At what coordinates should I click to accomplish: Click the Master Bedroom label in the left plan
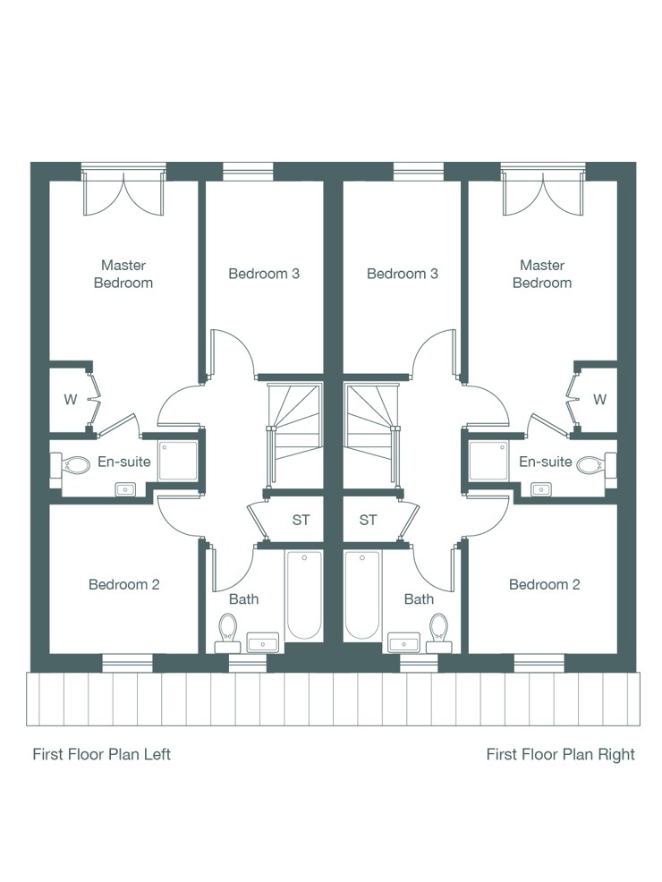tap(123, 274)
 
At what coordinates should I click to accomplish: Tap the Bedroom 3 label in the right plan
tap(403, 274)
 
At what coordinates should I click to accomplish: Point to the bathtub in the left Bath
tap(304, 595)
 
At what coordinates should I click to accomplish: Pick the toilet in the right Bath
tap(438, 632)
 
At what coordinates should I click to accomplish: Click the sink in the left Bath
tap(263, 641)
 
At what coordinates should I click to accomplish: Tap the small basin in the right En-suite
tap(541, 489)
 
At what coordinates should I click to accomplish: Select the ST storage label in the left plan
tap(301, 521)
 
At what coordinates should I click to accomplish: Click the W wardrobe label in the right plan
tap(599, 400)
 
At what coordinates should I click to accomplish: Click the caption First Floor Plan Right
tap(560, 754)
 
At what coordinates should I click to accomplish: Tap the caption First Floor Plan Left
tap(102, 754)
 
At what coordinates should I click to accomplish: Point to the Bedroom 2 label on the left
tap(123, 584)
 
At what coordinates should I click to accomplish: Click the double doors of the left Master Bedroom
tap(123, 193)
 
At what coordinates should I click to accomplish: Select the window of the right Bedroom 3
tap(419, 172)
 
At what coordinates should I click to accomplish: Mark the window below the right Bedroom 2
tap(539, 663)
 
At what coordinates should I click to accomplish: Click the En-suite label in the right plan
tap(546, 462)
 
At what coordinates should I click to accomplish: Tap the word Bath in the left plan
tap(244, 599)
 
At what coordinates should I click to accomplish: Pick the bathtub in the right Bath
tap(362, 595)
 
